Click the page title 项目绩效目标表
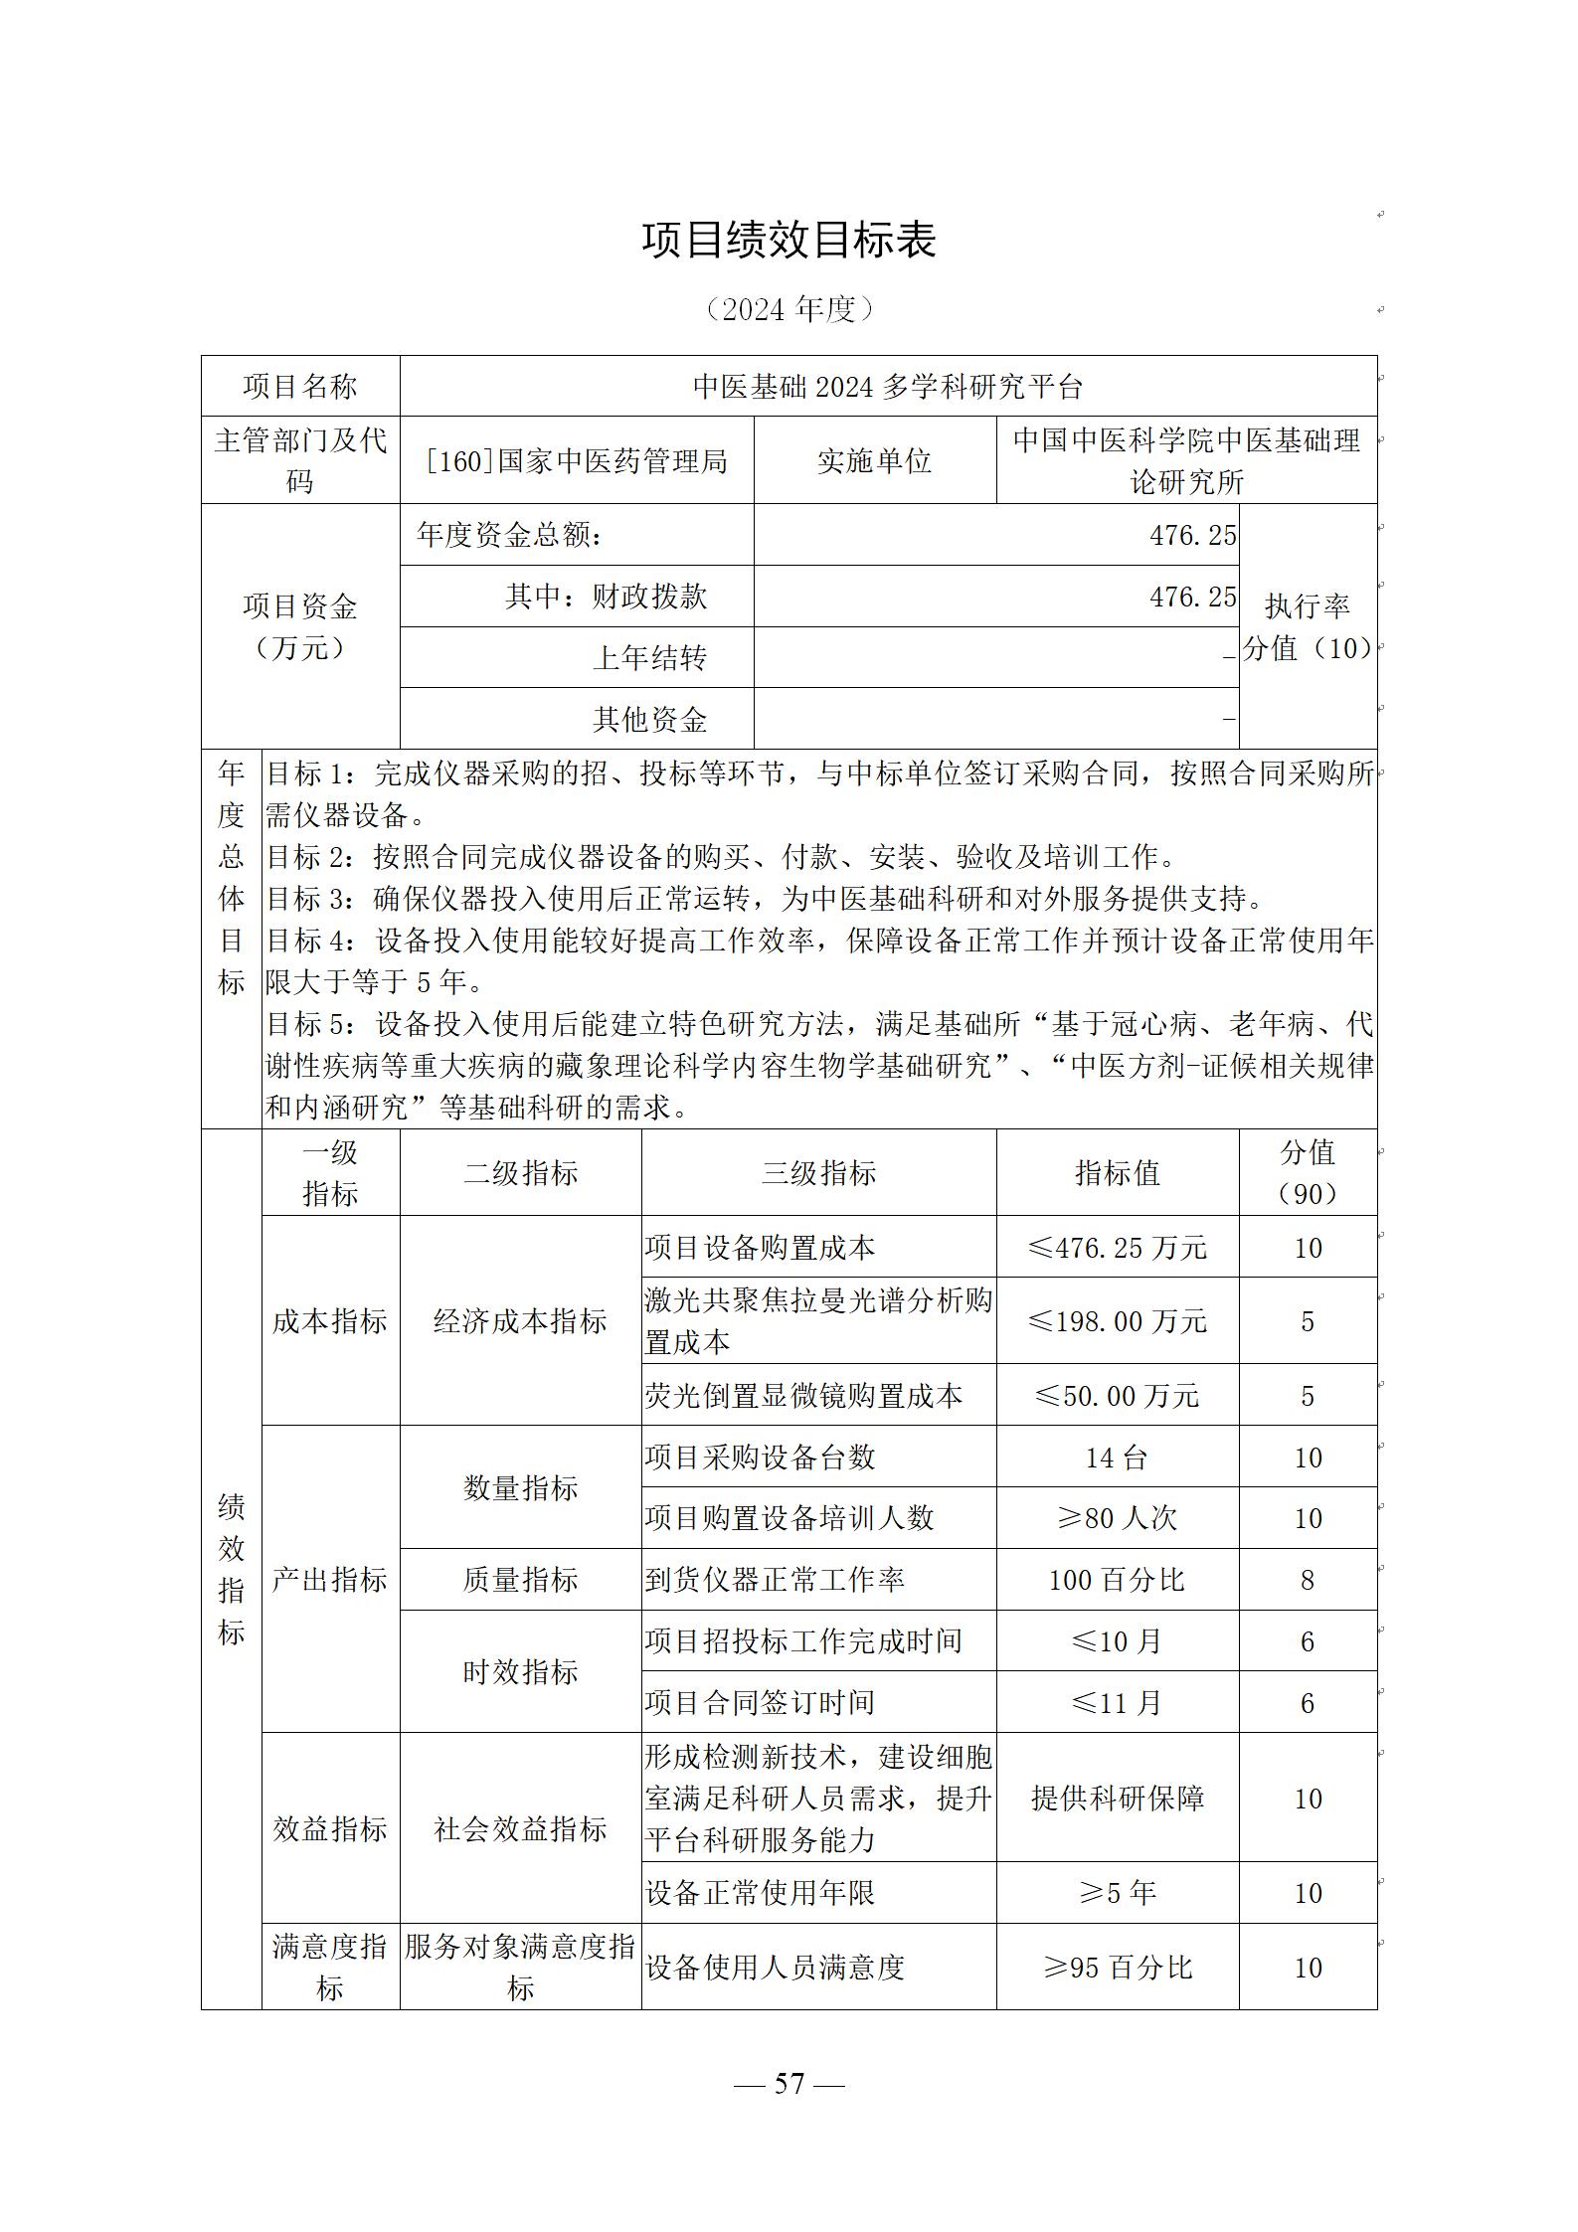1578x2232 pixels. pos(789,241)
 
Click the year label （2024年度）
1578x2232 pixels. pos(789,309)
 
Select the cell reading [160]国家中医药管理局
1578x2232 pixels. pos(577,461)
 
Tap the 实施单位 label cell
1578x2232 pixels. pos(874,461)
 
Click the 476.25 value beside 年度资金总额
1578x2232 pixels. pos(1192,536)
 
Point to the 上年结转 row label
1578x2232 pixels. pos(649,658)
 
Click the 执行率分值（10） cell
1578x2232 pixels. pos(1308,626)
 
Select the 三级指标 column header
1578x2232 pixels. pos(818,1173)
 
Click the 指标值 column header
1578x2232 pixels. pos(1118,1173)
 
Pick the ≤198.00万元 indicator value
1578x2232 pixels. pos(1118,1321)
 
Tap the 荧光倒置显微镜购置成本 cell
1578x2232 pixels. pos(803,1396)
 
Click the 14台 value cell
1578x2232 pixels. pos(1118,1458)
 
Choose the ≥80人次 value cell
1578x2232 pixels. pos(1118,1518)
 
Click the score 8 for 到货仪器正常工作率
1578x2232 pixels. pos(1308,1580)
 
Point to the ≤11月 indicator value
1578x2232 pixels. pos(1118,1703)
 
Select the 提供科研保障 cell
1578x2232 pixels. pos(1118,1799)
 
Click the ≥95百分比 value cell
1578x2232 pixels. pos(1118,1968)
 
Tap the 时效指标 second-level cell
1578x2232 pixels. pos(520,1672)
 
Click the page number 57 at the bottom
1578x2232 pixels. pos(789,2083)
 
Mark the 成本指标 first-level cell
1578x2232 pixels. pos(330,1321)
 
